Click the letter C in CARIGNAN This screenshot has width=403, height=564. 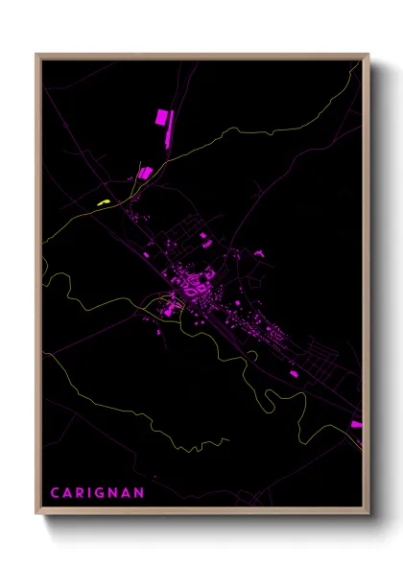pyautogui.click(x=55, y=493)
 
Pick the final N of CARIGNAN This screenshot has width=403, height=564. pyautogui.click(x=141, y=493)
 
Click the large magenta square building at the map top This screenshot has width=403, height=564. pyautogui.click(x=161, y=117)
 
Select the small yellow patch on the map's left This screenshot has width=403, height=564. pyautogui.click(x=104, y=201)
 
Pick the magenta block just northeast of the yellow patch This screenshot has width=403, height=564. pyautogui.click(x=146, y=173)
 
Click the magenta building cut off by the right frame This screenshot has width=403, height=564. pyautogui.click(x=356, y=424)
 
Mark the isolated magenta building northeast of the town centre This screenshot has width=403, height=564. pyautogui.click(x=258, y=252)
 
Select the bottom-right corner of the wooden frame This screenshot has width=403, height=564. pyautogui.click(x=368, y=516)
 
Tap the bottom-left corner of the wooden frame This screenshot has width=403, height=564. pyautogui.click(x=37, y=516)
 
